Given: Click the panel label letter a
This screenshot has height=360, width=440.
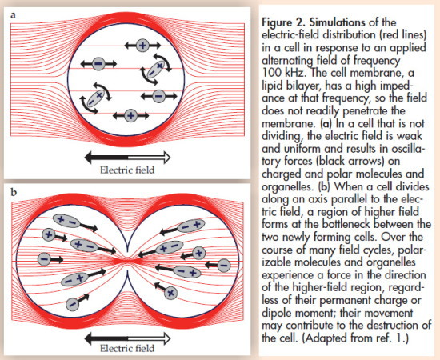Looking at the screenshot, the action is pos(13,15).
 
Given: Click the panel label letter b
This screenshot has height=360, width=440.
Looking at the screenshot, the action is pos(14,192).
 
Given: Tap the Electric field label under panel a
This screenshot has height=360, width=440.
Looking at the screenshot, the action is pos(127,170).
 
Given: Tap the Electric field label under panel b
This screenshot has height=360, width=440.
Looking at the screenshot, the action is pos(127,348).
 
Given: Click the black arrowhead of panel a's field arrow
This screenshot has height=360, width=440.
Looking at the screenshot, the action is pos(90,158).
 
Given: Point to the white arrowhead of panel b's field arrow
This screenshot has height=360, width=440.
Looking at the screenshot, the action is pos(166,338).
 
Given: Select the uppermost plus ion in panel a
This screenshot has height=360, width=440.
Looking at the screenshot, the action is pos(142,45).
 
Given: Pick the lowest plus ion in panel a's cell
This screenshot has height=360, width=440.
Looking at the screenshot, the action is pos(130,116).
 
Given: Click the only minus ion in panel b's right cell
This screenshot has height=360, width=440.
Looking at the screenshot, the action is pos(224,265).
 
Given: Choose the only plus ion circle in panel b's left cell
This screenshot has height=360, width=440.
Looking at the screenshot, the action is pos(49,234).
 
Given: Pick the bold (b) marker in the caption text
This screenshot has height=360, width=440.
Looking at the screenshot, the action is pos(324,186).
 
